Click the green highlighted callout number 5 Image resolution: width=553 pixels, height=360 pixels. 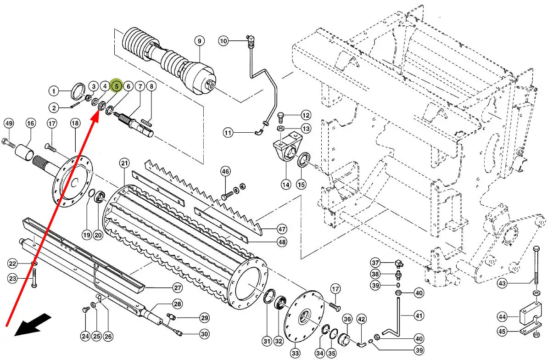pyautogui.click(x=117, y=86)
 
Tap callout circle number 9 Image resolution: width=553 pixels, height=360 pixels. pyautogui.click(x=200, y=41)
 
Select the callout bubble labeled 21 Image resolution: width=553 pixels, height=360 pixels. pyautogui.click(x=124, y=163)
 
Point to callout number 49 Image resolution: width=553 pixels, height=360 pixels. pyautogui.click(x=9, y=124)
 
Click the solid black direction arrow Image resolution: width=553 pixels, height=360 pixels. pyautogui.click(x=33, y=325)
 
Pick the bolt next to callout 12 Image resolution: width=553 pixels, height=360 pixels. pyautogui.click(x=281, y=118)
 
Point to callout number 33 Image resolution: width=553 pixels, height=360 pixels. pyautogui.click(x=295, y=353)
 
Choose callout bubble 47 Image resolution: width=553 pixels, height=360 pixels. pyautogui.click(x=282, y=229)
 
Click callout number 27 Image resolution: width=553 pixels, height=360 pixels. pyautogui.click(x=178, y=287)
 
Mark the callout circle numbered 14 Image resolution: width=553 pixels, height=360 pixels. pyautogui.click(x=286, y=185)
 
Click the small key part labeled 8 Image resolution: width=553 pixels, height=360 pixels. pyautogui.click(x=146, y=122)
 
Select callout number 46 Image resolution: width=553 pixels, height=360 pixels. pyautogui.click(x=225, y=171)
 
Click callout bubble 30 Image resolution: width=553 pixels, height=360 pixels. pyautogui.click(x=204, y=334)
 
